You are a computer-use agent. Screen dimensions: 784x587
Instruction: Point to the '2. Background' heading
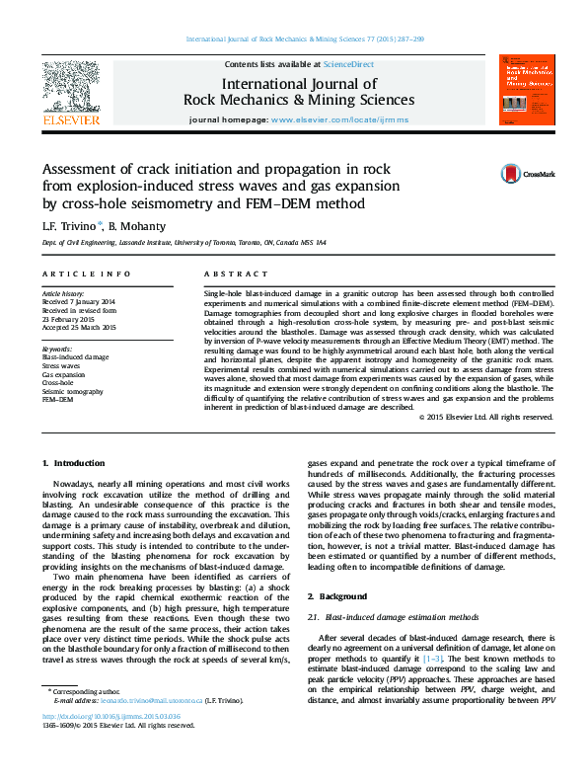[339, 596]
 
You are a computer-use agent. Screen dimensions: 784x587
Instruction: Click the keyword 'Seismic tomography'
[73, 390]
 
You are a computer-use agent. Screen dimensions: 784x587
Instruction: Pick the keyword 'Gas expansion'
[63, 374]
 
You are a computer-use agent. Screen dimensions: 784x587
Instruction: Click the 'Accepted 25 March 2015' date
[79, 327]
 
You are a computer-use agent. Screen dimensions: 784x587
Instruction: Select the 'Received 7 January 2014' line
[79, 302]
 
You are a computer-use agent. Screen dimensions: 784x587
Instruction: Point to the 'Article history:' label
[63, 294]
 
